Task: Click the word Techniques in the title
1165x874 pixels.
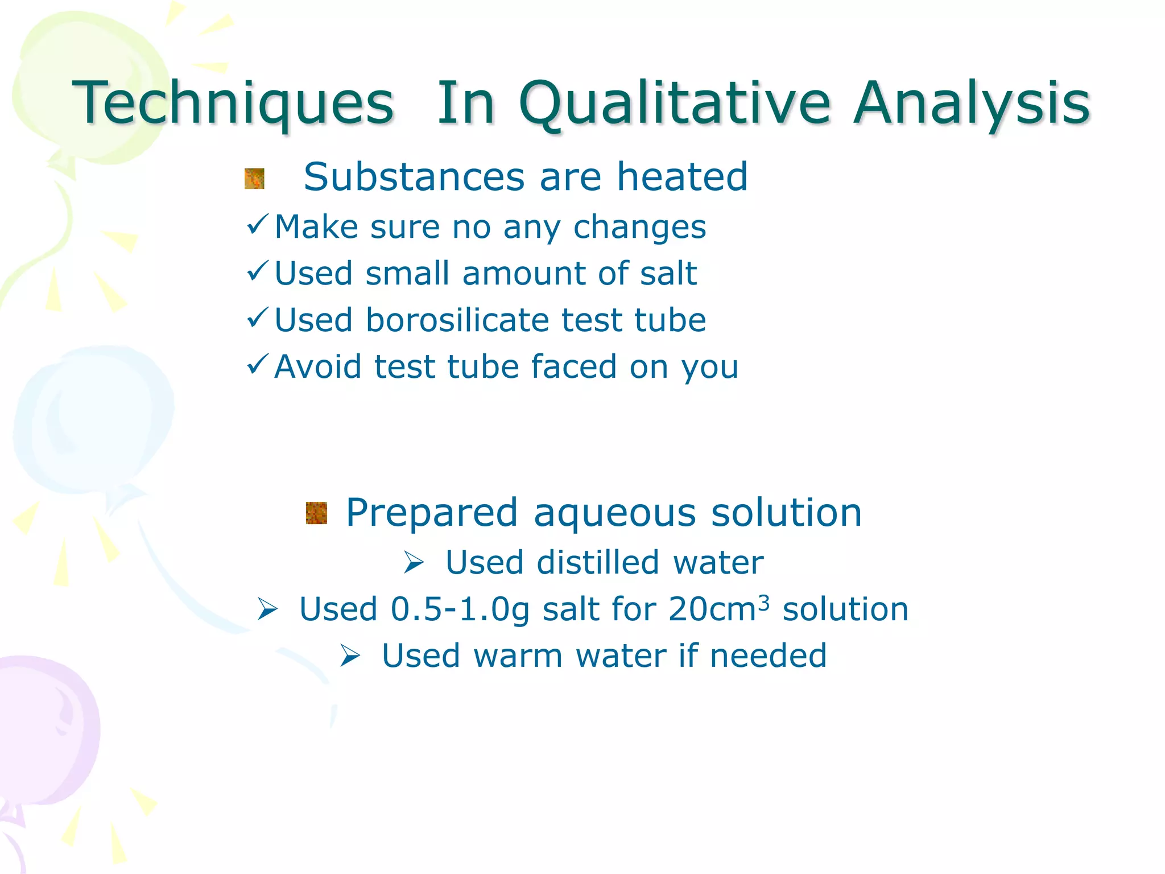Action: coord(233,104)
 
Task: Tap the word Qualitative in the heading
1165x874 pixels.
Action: coord(675,104)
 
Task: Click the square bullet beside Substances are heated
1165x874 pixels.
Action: coord(254,179)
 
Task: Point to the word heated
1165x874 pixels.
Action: coord(682,177)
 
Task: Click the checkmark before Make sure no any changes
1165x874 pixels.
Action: coord(257,225)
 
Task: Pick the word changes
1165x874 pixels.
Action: coord(639,228)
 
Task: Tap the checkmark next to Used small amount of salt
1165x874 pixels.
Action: coord(257,271)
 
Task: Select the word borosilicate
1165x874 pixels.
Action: coord(458,320)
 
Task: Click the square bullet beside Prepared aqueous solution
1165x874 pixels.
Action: coord(316,513)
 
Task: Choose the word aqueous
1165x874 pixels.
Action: coord(614,513)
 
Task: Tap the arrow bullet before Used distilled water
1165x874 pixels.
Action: coord(414,563)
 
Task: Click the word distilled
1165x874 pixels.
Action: coord(598,563)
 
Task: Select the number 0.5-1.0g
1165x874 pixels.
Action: coord(460,609)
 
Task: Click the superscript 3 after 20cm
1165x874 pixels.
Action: coord(764,601)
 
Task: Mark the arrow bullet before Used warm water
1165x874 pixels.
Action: coord(350,656)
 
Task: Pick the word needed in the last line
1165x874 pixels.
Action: coord(768,655)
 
